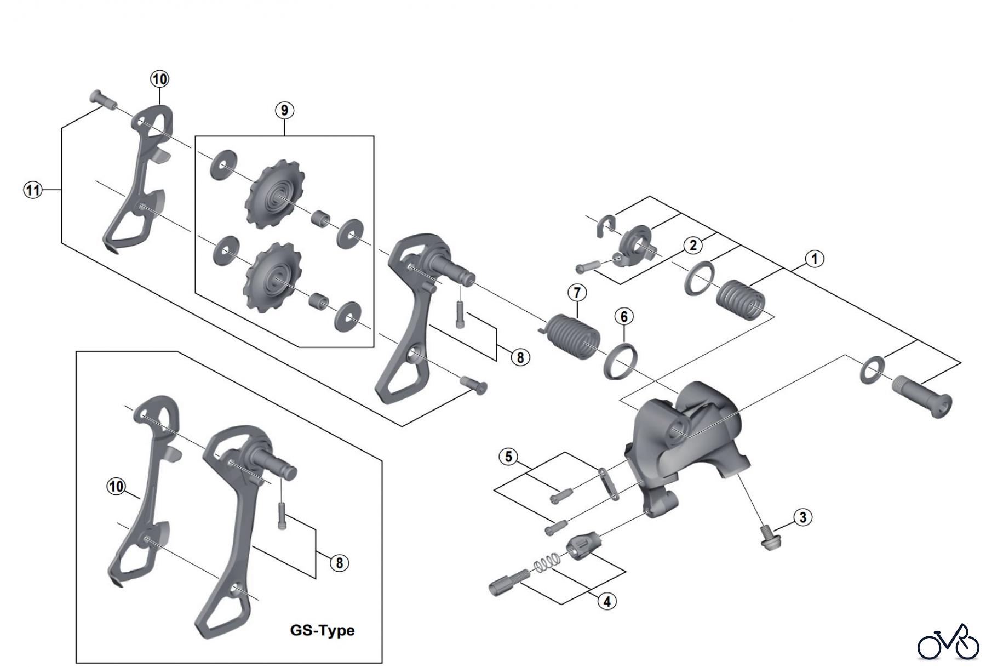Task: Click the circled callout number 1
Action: [x=814, y=259]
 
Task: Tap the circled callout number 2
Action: [x=693, y=245]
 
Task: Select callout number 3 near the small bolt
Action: [x=802, y=517]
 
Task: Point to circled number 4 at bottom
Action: [x=607, y=601]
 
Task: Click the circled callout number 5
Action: [x=508, y=456]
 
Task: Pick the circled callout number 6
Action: [x=624, y=316]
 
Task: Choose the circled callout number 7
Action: [x=577, y=293]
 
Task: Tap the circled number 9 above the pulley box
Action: [x=284, y=110]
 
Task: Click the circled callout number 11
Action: [x=33, y=190]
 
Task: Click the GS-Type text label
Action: [x=322, y=630]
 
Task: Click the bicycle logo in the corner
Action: [x=948, y=642]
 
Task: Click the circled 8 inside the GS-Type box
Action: [x=339, y=562]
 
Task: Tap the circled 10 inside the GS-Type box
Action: [x=116, y=486]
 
